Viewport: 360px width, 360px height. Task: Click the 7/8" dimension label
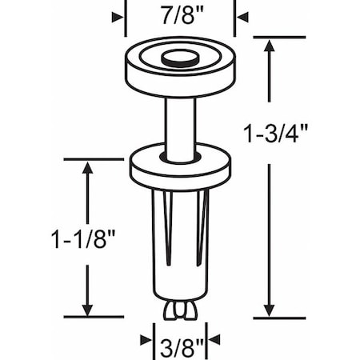(180, 15)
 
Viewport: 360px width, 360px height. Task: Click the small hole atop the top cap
(180, 58)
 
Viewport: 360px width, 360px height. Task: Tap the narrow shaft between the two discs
(180, 120)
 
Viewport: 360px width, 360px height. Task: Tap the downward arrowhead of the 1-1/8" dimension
(87, 309)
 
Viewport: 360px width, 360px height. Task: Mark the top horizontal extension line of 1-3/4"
(280, 37)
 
